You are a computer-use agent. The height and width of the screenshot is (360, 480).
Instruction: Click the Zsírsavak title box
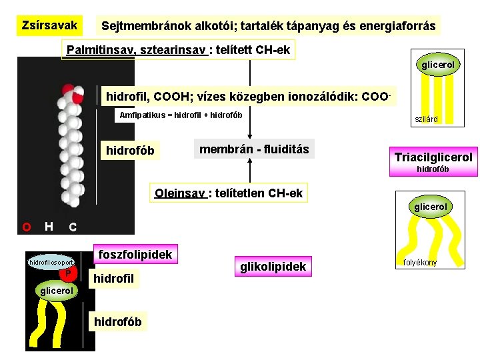49,26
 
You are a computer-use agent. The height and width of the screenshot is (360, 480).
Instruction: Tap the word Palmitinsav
97,51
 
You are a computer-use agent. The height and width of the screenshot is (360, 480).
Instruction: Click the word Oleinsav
179,193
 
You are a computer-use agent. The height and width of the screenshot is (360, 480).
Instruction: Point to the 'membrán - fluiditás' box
254,149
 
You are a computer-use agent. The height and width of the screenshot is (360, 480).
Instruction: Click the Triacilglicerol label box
433,157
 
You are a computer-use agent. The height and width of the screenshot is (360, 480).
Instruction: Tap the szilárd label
427,120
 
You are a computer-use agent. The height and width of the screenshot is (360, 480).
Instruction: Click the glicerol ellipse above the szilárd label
437,65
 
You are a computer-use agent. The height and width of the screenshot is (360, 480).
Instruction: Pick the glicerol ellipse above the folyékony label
431,207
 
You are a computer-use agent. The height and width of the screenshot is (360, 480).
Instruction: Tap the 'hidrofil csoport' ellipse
50,262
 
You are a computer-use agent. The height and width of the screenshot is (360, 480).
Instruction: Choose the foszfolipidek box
135,254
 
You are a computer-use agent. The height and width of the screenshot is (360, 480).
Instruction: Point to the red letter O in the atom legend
26,227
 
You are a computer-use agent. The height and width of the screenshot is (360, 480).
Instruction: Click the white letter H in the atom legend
49,227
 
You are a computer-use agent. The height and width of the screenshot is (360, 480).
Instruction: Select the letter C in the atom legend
73,227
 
